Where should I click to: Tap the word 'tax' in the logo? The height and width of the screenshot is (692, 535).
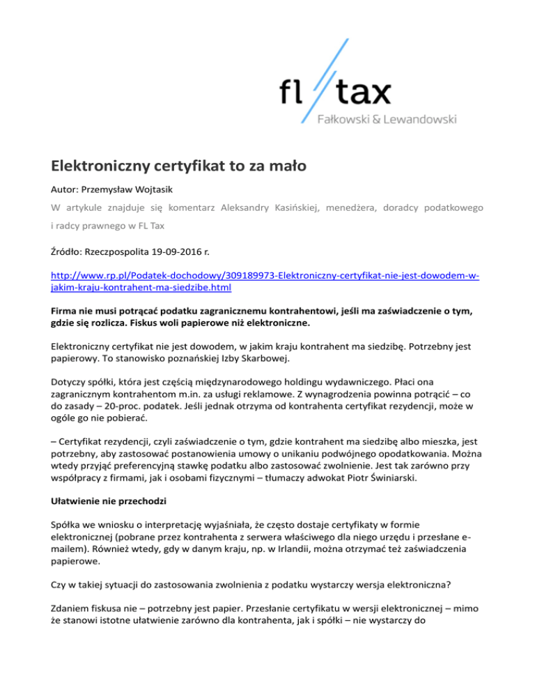[x=363, y=92]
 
